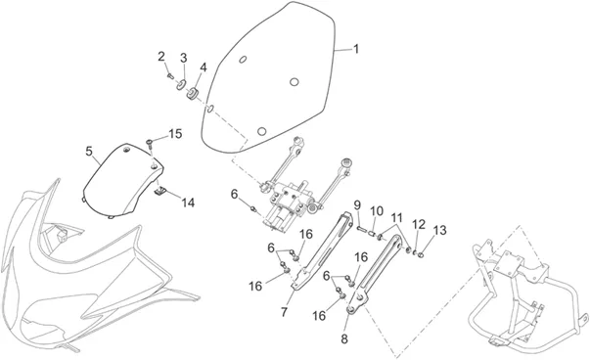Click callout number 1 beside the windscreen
click(x=355, y=49)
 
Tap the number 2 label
click(x=161, y=57)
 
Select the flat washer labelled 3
click(x=182, y=84)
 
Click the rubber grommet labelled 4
click(x=193, y=94)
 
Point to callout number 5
click(x=89, y=152)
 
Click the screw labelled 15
click(x=150, y=143)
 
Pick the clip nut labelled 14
click(x=161, y=191)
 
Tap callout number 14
click(x=188, y=202)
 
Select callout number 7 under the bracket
click(x=284, y=312)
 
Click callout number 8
click(x=344, y=338)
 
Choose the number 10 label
click(x=377, y=211)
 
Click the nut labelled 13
click(x=421, y=255)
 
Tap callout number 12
click(x=419, y=225)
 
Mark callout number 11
click(x=396, y=218)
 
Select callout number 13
click(x=440, y=230)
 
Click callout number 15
click(x=175, y=134)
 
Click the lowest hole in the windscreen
click(x=261, y=131)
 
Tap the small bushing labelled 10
click(x=372, y=235)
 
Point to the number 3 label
click(x=183, y=58)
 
